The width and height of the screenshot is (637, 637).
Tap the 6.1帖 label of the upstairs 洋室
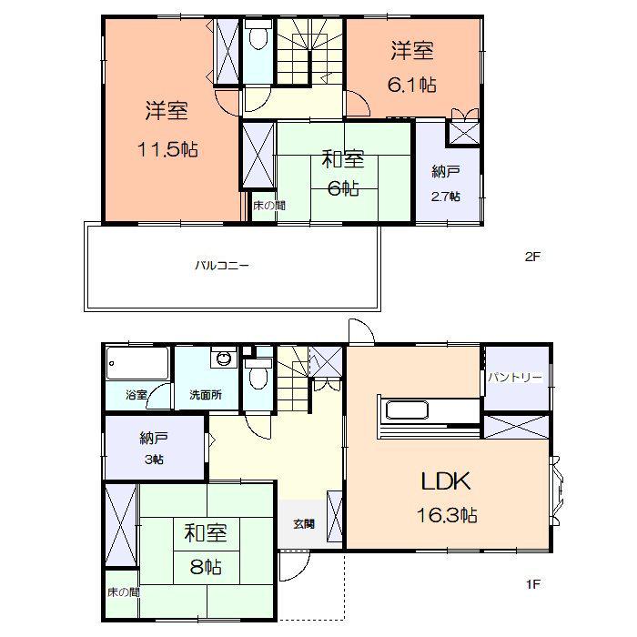pos(413,85)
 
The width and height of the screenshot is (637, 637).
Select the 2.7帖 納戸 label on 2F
pos(445,196)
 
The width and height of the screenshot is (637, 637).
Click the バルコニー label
pos(222,267)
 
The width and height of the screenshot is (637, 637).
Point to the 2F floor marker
pos(532,257)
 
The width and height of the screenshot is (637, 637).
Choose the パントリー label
pos(514,377)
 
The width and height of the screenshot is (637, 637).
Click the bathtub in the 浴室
pos(136,366)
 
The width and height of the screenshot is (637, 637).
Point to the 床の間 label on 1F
pos(122,591)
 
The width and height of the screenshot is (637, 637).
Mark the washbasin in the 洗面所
pos(222,359)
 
